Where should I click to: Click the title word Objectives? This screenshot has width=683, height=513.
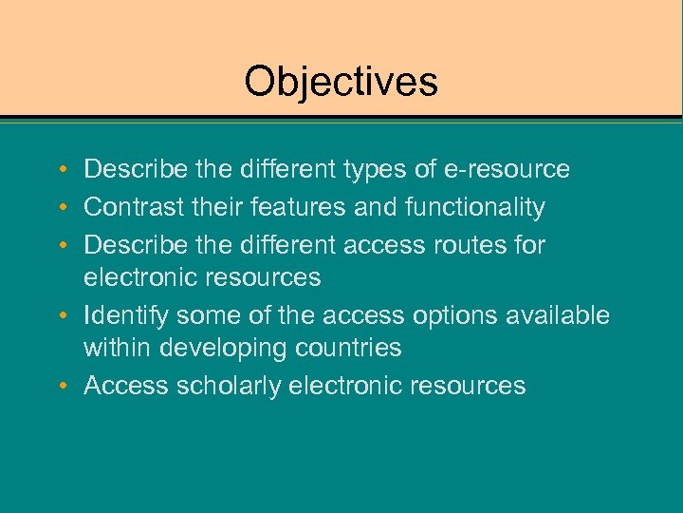[341, 82]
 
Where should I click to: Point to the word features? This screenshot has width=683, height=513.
[314, 207]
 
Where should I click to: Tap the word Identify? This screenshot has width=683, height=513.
[127, 314]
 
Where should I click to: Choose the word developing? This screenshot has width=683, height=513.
[222, 349]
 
